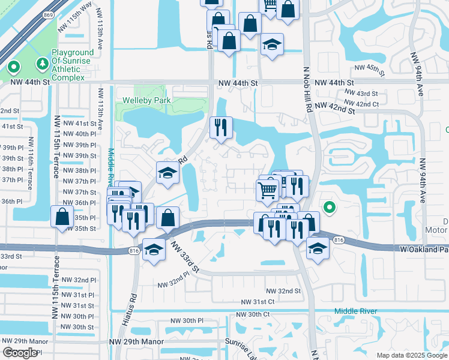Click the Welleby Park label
(x=146, y=101)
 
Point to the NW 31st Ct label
(x=258, y=302)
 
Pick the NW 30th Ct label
(x=253, y=314)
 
